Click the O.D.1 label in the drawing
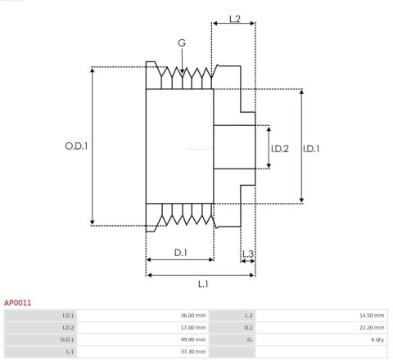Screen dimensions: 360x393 click(76, 146)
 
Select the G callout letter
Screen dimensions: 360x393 click(181, 43)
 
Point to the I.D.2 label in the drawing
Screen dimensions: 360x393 click(280, 148)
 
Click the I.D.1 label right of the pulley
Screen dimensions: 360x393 click(311, 148)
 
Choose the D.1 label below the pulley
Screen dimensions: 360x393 click(180, 253)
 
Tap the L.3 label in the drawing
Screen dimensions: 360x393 click(248, 253)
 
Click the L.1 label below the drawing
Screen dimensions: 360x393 click(202, 284)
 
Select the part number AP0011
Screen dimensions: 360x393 click(18, 303)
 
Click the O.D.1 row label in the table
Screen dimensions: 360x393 click(68, 339)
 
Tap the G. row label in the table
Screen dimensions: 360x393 click(248, 339)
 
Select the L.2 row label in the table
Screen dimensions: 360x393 click(248, 314)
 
